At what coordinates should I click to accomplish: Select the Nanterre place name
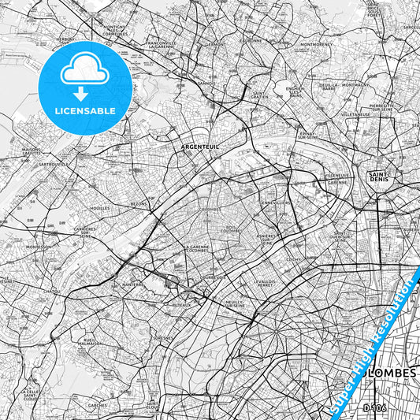(132, 284)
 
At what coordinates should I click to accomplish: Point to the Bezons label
(139, 203)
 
